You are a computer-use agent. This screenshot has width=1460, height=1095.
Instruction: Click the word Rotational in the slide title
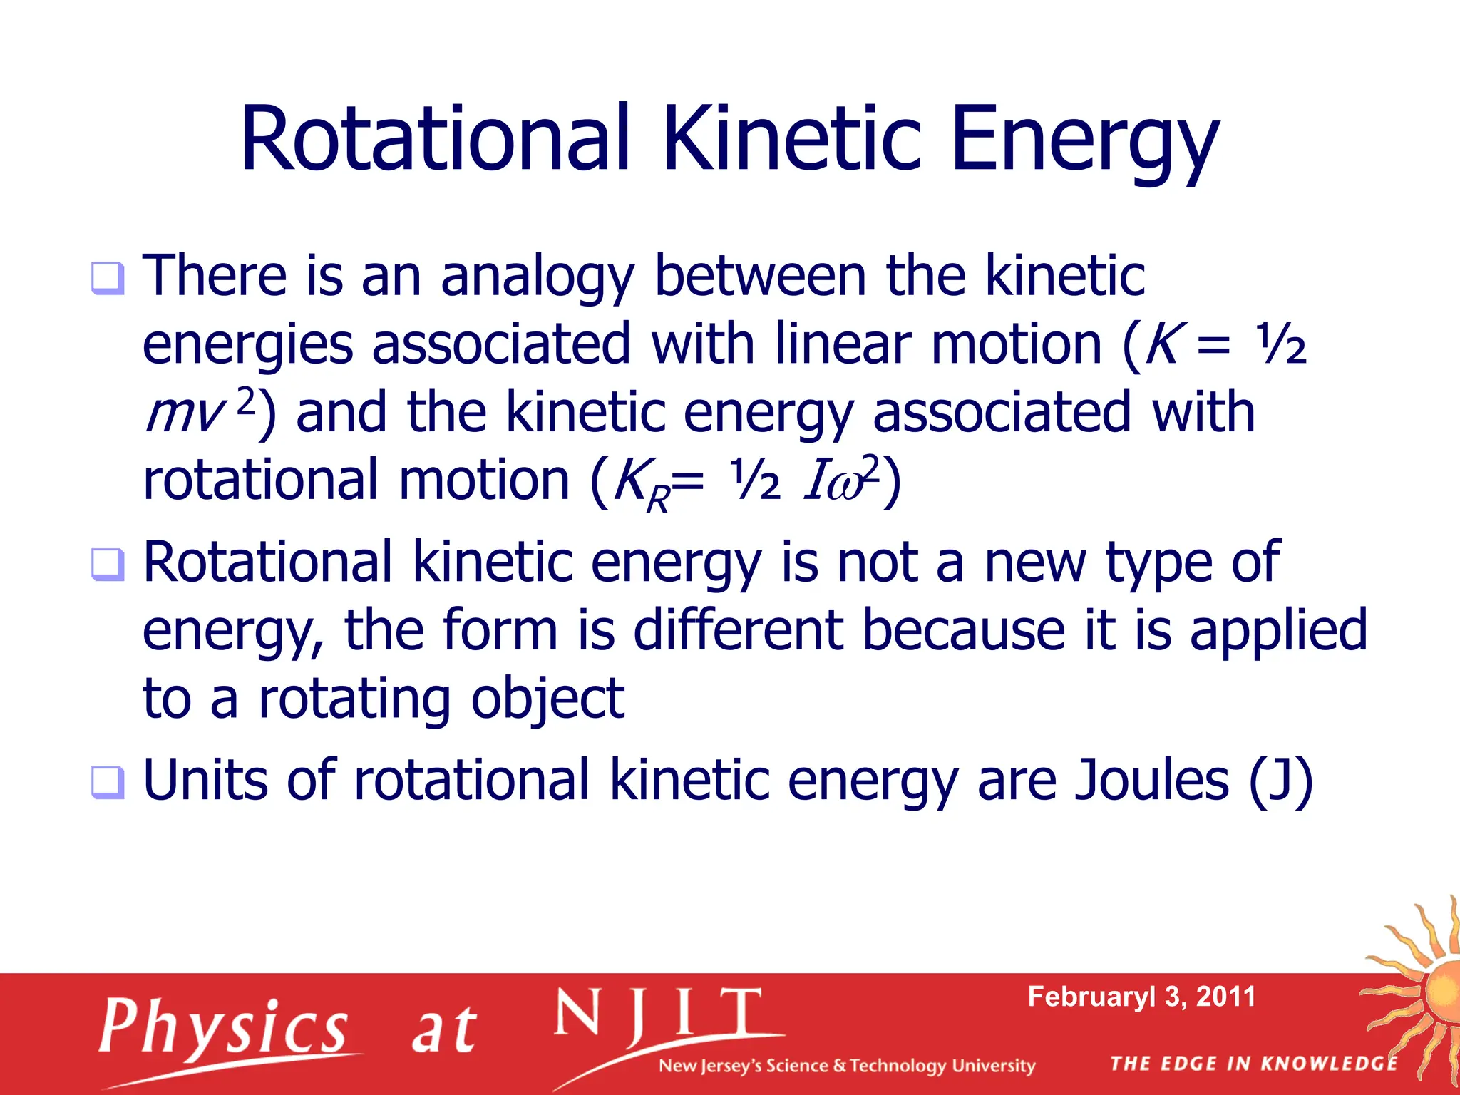(435, 139)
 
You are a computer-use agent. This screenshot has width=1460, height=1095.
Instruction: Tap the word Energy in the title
(1084, 143)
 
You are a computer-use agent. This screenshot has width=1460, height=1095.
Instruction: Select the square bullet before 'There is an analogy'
(108, 279)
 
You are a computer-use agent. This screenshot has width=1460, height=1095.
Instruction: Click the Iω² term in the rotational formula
(841, 480)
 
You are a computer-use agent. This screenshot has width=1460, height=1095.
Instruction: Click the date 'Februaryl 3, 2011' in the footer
(1141, 997)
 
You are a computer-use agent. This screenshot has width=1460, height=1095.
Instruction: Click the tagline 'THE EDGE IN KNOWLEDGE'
(1253, 1064)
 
